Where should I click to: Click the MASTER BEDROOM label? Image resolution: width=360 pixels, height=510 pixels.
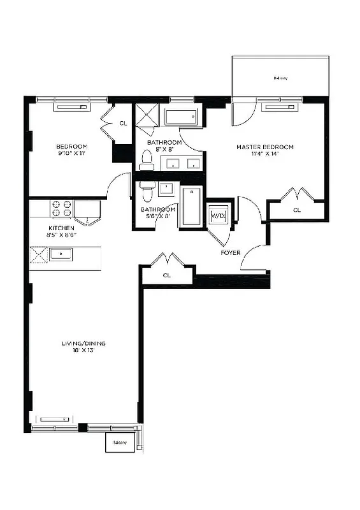click(x=264, y=147)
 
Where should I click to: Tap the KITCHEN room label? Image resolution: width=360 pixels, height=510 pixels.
click(x=62, y=228)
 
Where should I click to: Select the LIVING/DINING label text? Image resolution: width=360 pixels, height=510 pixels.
click(x=83, y=344)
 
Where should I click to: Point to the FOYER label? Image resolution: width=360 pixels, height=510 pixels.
click(x=230, y=252)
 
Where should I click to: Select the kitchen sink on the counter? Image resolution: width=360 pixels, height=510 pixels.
click(x=61, y=255)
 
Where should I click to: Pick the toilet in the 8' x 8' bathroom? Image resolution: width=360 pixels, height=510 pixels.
click(x=147, y=159)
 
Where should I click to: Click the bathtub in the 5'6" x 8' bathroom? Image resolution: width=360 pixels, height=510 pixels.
click(x=191, y=206)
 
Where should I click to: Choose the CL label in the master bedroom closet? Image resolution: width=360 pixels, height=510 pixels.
click(x=297, y=210)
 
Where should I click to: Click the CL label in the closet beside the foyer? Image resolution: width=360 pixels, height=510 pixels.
click(x=167, y=275)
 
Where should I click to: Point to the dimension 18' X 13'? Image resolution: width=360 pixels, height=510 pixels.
click(x=83, y=351)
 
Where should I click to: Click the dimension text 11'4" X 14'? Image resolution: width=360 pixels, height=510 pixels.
click(x=264, y=155)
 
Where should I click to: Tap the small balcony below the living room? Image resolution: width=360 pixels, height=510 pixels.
click(x=120, y=442)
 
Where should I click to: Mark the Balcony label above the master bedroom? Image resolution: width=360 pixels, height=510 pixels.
click(x=280, y=78)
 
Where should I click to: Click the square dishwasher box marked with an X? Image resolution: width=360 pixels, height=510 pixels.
click(x=40, y=254)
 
